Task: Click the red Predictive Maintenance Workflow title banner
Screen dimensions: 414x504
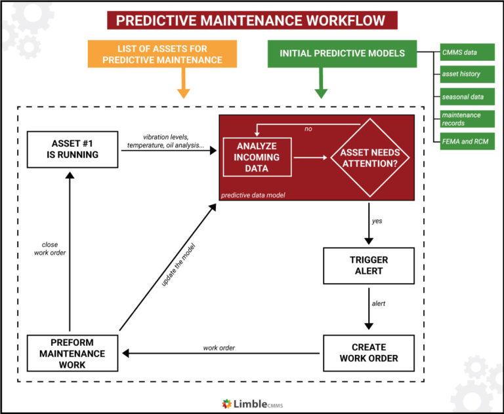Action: pos(252,20)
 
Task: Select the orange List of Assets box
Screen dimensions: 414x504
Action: pos(169,54)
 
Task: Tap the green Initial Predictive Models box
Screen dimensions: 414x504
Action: pos(342,54)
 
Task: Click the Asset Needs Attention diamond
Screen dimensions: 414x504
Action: pos(369,157)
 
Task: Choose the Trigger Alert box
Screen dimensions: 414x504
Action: pos(369,265)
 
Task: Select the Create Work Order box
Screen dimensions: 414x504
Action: pos(369,352)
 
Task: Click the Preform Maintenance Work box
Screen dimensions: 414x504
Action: pos(72,352)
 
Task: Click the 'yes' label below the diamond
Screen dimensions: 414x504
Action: pos(377,221)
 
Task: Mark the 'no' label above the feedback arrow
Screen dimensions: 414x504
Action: pos(308,129)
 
